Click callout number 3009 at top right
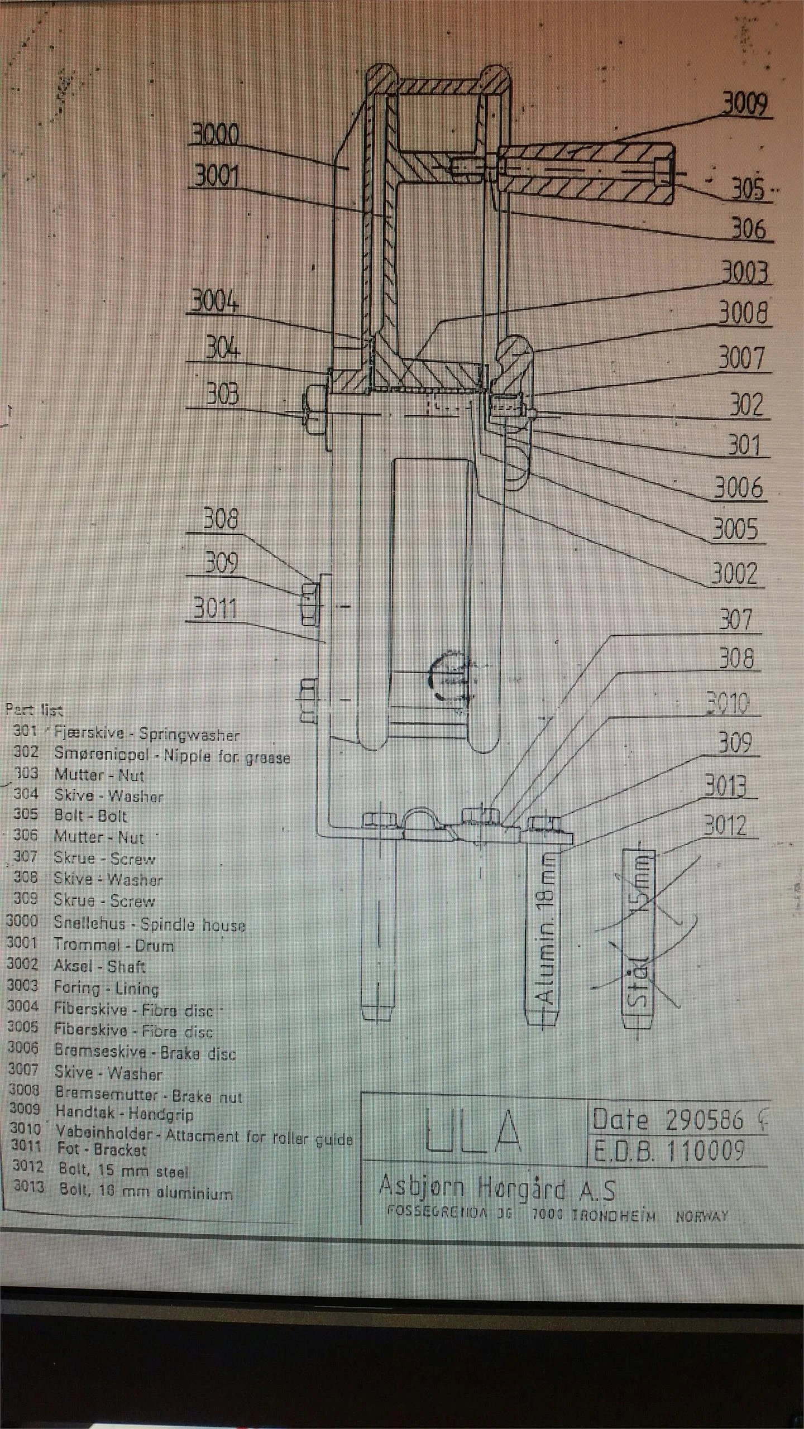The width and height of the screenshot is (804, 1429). point(745,104)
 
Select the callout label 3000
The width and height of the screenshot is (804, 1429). point(215,135)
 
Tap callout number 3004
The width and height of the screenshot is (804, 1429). point(215,302)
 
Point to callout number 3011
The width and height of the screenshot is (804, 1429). point(215,608)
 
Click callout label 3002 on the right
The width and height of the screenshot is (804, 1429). point(735,573)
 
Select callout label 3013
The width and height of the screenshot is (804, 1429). point(725,786)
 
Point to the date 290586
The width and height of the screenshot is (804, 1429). point(705,1120)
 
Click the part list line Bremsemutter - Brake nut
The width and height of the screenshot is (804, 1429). point(149,1096)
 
